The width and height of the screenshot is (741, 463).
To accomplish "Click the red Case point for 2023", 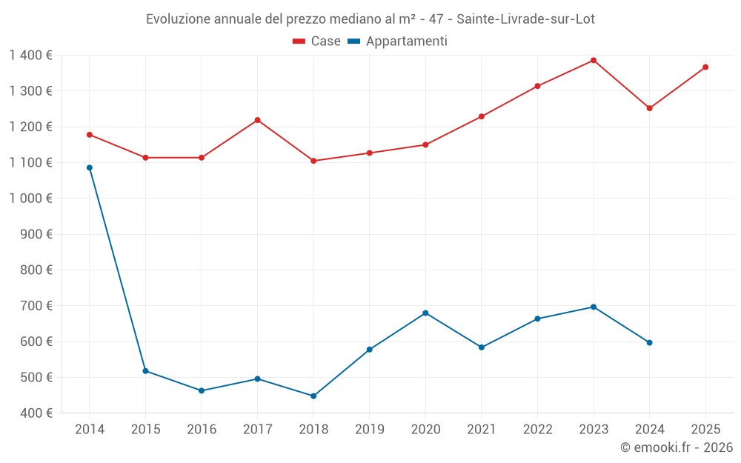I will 594,60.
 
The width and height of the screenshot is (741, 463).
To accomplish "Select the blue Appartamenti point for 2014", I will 90,167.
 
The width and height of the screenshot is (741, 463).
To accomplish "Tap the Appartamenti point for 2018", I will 313,396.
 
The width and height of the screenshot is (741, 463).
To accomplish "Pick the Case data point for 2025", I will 705,67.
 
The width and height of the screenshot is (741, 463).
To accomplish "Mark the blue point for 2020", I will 425,313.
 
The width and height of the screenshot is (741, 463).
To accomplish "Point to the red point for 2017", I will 257,120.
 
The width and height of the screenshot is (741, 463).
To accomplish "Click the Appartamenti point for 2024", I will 649,342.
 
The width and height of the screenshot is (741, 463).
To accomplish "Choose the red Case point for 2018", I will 313,161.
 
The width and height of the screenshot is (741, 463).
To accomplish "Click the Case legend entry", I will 317,41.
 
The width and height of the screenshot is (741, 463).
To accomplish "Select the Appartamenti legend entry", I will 398,41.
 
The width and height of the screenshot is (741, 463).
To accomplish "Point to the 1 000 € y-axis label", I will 30,199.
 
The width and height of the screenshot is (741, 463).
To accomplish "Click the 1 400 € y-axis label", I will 30,56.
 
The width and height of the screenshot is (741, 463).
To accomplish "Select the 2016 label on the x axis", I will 202,430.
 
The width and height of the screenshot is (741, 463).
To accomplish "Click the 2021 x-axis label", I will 482,430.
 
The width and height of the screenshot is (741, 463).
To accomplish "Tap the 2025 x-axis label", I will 705,430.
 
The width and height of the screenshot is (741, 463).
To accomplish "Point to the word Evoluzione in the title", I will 178,19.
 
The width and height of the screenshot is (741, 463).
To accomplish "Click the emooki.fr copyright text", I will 677,447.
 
